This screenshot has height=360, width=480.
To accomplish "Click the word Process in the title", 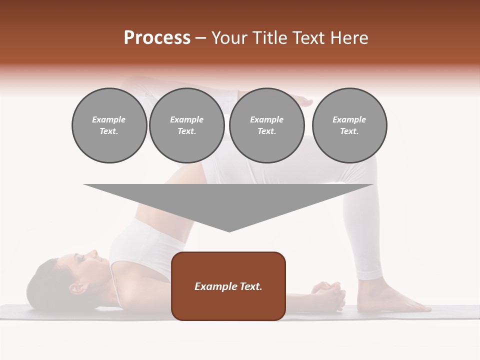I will point(157,38).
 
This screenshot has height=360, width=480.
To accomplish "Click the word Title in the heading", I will point(270,38).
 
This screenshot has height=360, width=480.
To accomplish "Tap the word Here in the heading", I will point(349,38).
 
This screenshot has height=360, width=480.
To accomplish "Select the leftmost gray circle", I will point(109,125).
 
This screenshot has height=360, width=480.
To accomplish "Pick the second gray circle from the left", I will point(186,125).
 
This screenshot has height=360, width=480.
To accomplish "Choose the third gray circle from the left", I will point(266,125).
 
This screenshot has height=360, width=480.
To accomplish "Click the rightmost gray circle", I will point(349,125).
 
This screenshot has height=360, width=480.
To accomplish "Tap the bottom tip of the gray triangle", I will point(229,231).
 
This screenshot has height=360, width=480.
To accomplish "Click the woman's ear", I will point(76,288).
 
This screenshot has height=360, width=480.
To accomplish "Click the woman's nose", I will point(93,253).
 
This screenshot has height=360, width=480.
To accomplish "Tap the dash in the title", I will point(201,38).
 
